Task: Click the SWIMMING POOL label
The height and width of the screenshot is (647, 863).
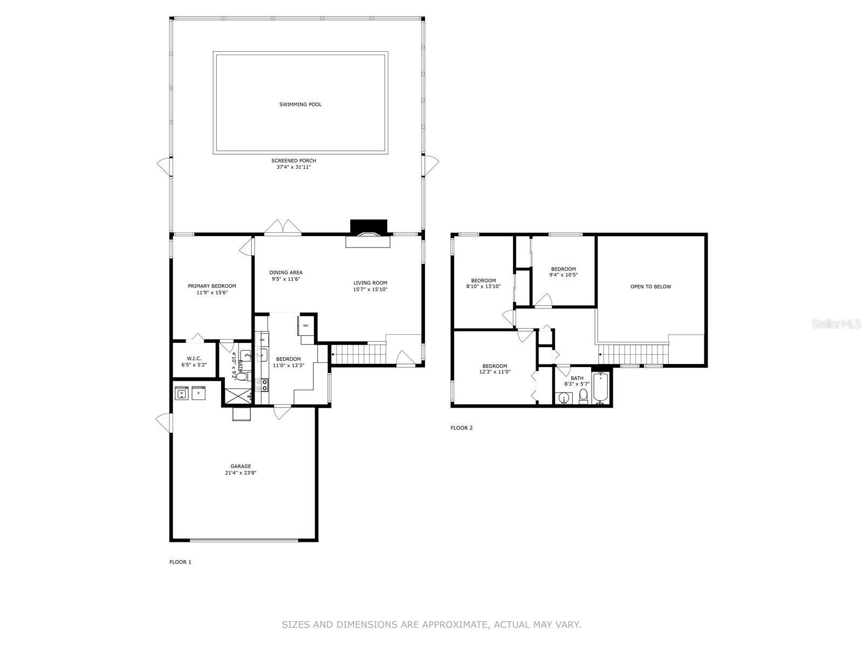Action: [x=300, y=105]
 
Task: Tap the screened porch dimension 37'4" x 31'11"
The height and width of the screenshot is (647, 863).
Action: [x=293, y=167]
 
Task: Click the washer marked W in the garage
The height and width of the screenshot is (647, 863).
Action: [x=182, y=394]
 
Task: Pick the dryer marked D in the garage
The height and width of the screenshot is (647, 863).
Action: [x=198, y=394]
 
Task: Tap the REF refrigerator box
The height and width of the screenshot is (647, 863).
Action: [x=305, y=326]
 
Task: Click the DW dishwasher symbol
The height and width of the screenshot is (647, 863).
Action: [x=262, y=340]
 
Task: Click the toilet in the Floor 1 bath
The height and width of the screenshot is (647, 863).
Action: [x=243, y=376]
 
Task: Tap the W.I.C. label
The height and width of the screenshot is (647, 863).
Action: [x=194, y=359]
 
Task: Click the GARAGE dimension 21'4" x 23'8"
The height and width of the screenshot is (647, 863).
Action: [x=241, y=473]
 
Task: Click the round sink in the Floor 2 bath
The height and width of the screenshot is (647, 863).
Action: [x=564, y=398]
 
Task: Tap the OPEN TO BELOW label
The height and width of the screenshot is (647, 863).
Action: [x=650, y=287]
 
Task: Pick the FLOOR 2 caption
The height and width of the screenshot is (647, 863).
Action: [x=462, y=428]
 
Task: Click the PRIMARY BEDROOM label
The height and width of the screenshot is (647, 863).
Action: [x=212, y=286]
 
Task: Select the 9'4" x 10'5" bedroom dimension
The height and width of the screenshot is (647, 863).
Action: [x=563, y=275]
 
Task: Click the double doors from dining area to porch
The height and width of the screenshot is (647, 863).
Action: [x=283, y=228]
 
